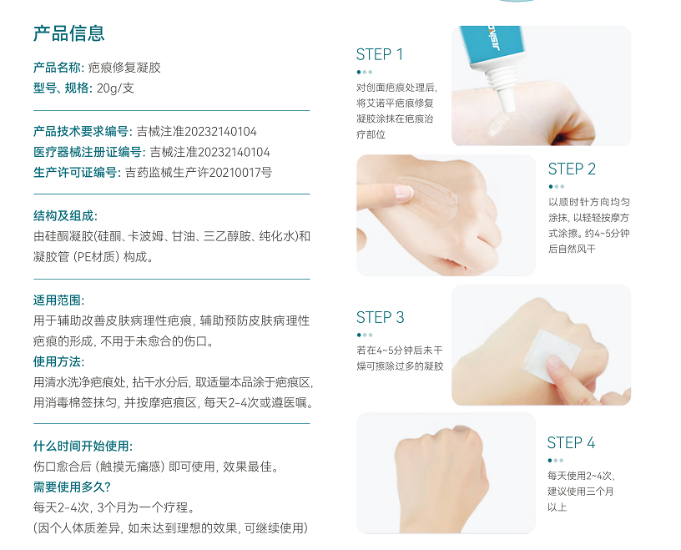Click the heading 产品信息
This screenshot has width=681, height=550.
click(x=68, y=33)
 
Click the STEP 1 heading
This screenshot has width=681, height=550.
click(x=380, y=55)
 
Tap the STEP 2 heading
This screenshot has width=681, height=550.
click(x=572, y=169)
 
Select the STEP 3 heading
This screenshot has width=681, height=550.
click(x=380, y=318)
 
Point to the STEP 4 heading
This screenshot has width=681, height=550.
click(x=571, y=442)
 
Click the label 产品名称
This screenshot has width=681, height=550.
click(x=57, y=68)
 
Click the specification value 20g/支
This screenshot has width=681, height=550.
click(x=115, y=88)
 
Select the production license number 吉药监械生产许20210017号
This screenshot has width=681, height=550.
click(x=199, y=173)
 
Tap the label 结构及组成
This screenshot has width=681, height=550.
click(x=65, y=216)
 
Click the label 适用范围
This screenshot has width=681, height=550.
click(x=58, y=300)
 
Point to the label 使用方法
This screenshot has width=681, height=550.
click(x=58, y=361)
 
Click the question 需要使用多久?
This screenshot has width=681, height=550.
click(x=72, y=487)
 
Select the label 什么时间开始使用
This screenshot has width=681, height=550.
click(x=83, y=447)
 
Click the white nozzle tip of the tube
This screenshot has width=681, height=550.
click(x=507, y=101)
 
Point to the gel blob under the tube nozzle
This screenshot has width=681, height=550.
click(x=498, y=124)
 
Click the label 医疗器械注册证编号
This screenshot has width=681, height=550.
click(x=88, y=152)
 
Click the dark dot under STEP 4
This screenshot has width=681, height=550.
click(x=550, y=460)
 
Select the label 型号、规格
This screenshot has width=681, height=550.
click(x=63, y=88)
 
